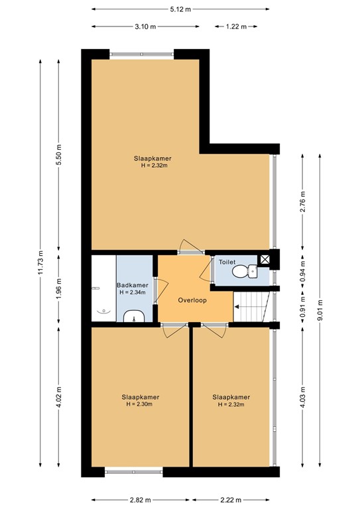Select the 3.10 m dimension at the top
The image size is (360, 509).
pyautogui.click(x=145, y=27)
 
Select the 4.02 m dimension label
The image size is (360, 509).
pyautogui.click(x=59, y=397)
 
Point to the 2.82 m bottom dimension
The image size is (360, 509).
pyautogui.click(x=140, y=500)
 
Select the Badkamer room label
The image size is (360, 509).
pyautogui.click(x=132, y=286)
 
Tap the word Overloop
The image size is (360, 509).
pyautogui.click(x=192, y=300)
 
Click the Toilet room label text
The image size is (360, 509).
pyautogui.click(x=227, y=262)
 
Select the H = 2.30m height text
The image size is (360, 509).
pyautogui.click(x=140, y=404)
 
